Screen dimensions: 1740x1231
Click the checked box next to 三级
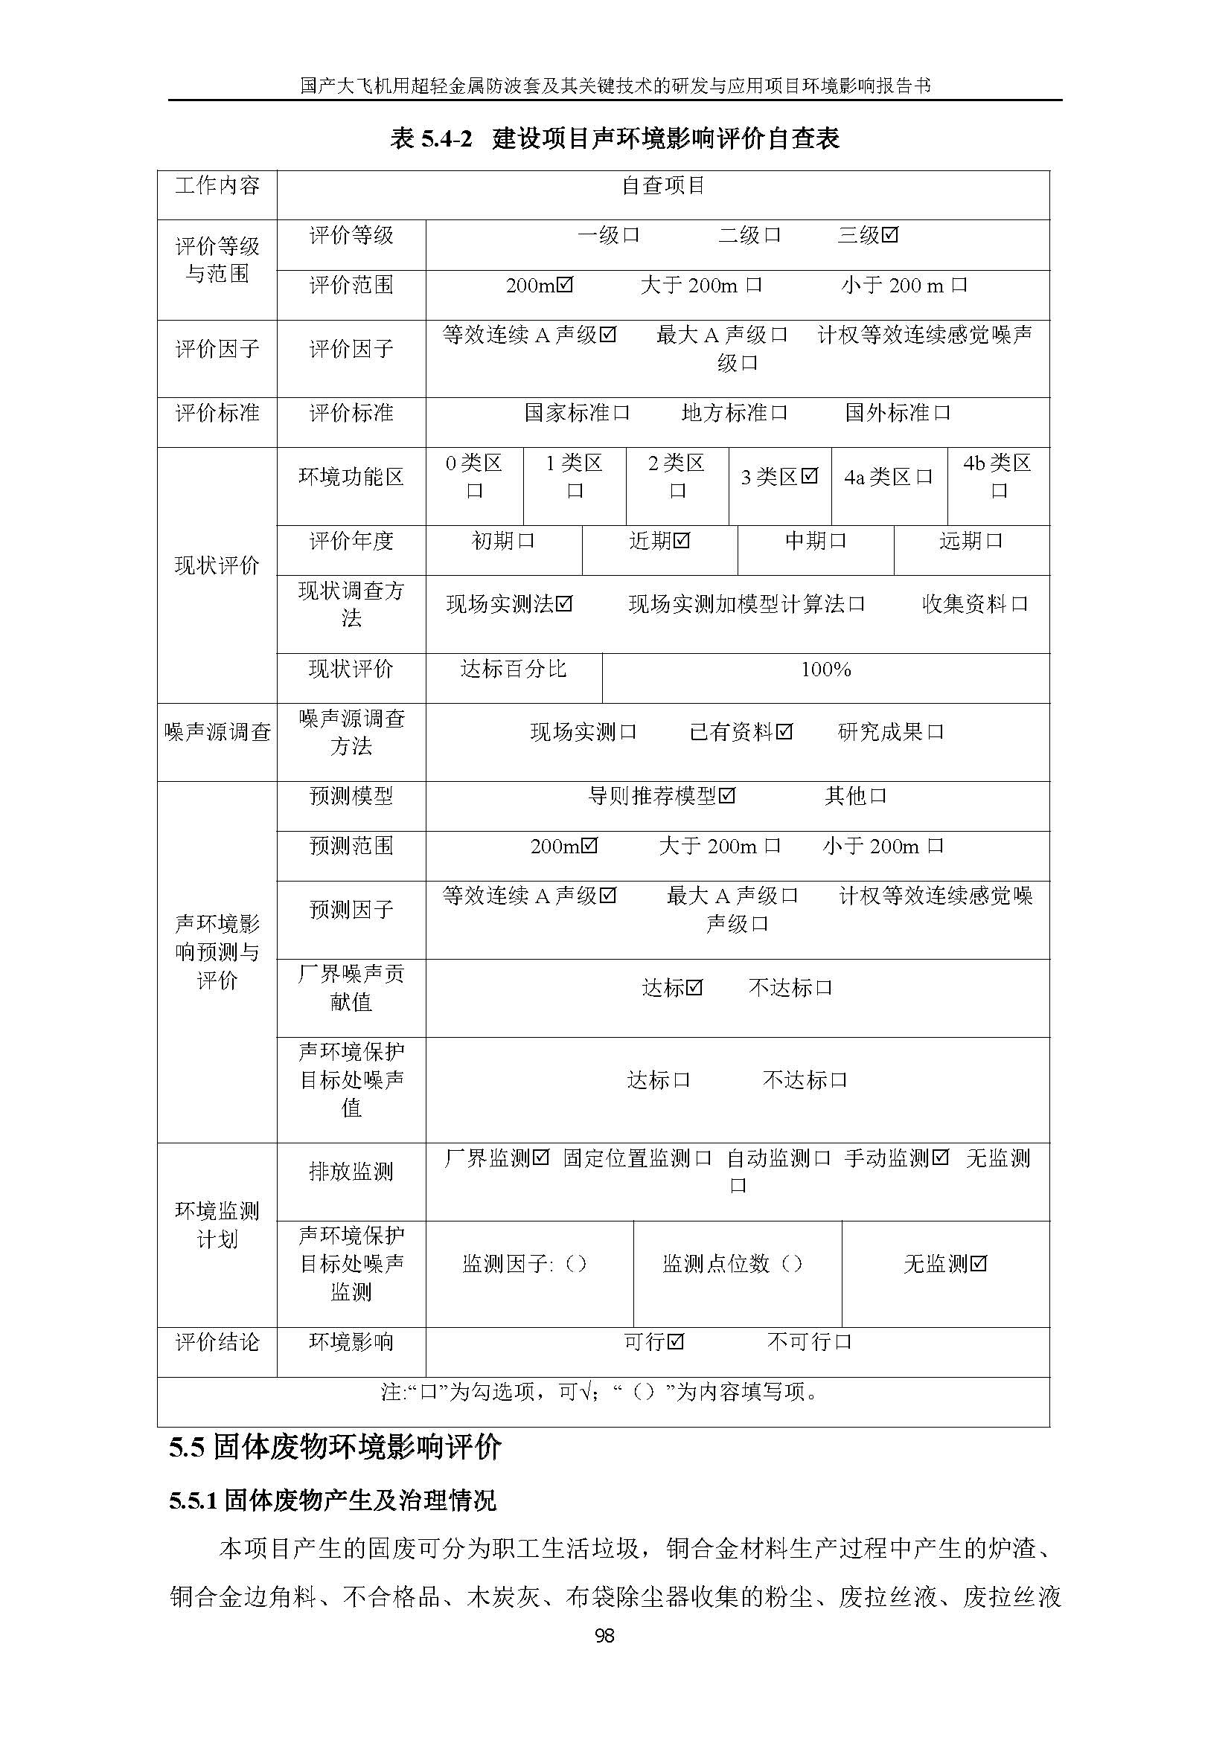[x=890, y=235]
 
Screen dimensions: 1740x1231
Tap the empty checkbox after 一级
[x=630, y=235]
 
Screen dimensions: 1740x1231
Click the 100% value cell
[x=825, y=670]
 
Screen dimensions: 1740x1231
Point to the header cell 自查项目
[x=663, y=186]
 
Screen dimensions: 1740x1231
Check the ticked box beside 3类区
[x=810, y=477]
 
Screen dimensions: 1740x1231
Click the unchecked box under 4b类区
[x=999, y=491]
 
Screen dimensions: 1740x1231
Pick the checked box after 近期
[x=682, y=541]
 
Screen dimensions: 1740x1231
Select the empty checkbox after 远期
[x=994, y=541]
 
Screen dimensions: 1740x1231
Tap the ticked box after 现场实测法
[x=564, y=604]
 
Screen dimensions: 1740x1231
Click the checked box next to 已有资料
[x=784, y=732]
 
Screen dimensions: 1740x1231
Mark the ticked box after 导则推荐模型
[x=727, y=796]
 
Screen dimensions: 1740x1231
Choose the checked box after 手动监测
[x=940, y=1158]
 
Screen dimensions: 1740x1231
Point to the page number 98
[x=604, y=1636]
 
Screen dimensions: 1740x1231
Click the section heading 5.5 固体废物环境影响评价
[x=335, y=1447]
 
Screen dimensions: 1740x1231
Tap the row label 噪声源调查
[x=217, y=732]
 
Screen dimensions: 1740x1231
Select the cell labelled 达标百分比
[x=514, y=670]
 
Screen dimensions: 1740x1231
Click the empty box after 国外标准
[x=942, y=413]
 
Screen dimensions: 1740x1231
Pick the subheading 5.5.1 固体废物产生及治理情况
[x=333, y=1500]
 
